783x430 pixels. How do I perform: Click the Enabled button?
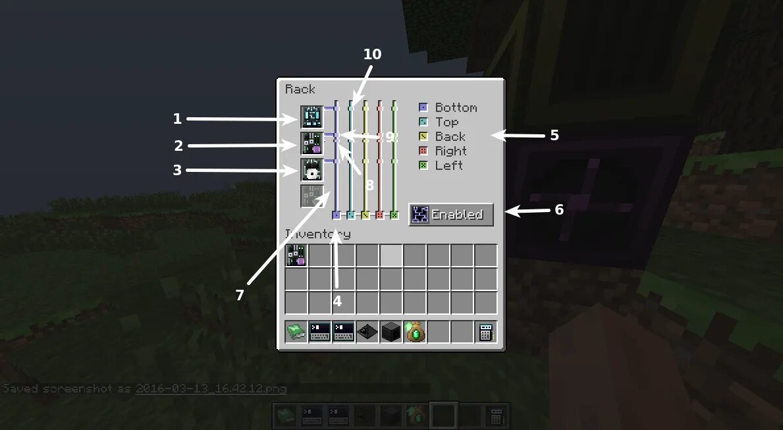coord(451,215)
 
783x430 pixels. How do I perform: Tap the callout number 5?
coord(554,135)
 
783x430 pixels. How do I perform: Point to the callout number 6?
coord(559,209)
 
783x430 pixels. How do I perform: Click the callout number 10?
coord(372,55)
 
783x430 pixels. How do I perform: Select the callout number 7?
coord(240,296)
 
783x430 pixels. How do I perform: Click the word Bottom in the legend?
coord(456,107)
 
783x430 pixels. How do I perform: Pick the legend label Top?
coord(446,122)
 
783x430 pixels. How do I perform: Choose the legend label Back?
coord(450,136)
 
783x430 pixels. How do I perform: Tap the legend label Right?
coord(450,151)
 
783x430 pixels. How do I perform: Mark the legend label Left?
coord(448,165)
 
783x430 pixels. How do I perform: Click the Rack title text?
coord(300,90)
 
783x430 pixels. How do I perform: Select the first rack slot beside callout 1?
coord(312,117)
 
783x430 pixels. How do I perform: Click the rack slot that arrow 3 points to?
coord(312,170)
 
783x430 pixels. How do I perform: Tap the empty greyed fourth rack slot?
coord(312,196)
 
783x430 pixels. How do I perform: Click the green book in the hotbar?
coord(296,332)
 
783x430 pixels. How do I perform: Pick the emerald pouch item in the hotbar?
coord(415,332)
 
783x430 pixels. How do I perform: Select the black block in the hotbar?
coord(391,332)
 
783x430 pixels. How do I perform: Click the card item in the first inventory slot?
coord(296,255)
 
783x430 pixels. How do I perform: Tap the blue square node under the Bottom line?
coord(336,215)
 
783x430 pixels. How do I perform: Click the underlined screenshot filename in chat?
coord(211,389)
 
